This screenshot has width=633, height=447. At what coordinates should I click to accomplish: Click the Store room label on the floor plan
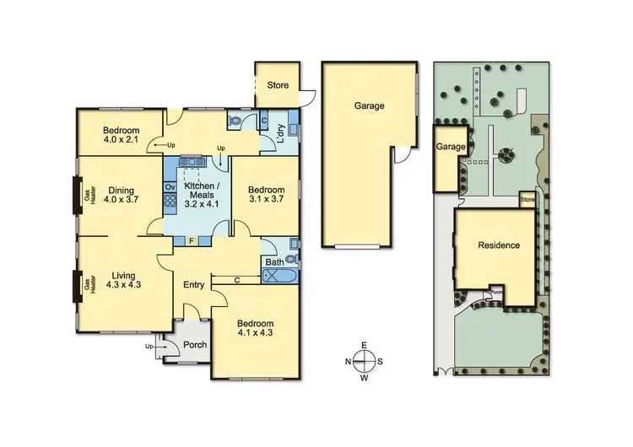point(279,85)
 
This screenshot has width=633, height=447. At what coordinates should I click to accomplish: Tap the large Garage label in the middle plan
point(369,106)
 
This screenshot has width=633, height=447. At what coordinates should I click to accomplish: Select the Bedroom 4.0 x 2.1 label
point(121,135)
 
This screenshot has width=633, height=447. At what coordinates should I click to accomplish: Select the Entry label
point(194,284)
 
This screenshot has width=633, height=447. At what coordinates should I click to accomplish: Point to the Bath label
point(274,262)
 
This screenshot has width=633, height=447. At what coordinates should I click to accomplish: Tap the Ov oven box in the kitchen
point(170,186)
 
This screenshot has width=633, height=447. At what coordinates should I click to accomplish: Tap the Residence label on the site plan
point(496,245)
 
